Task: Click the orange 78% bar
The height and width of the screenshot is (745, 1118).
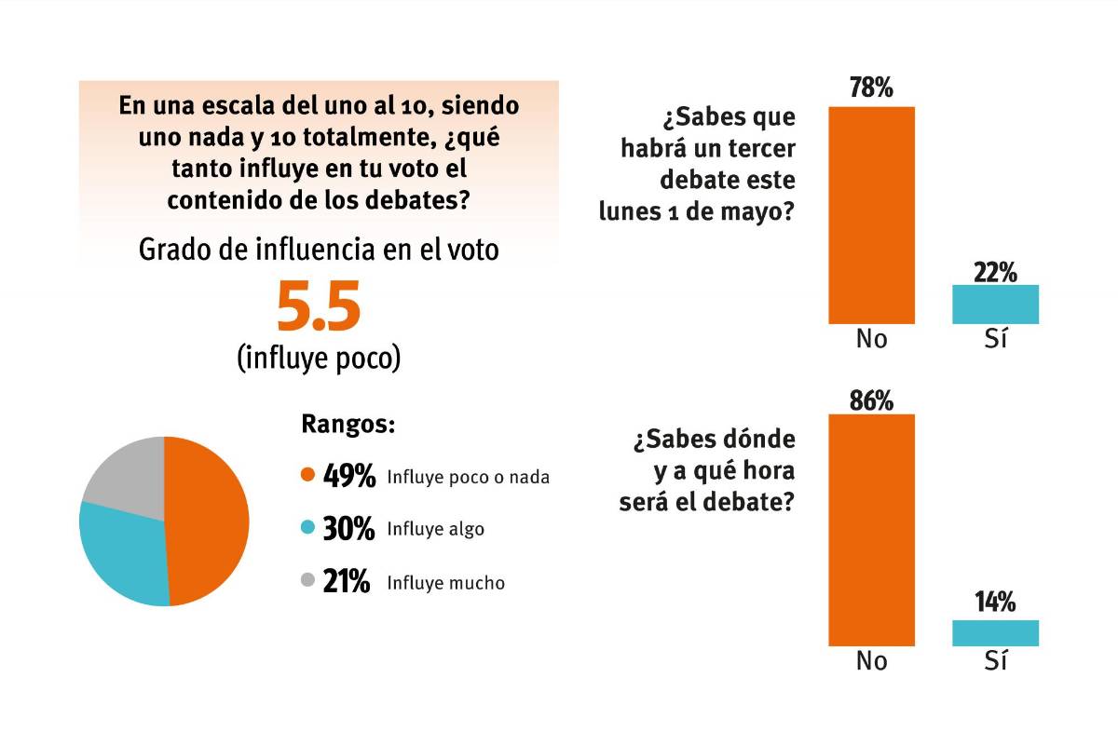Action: coord(872,214)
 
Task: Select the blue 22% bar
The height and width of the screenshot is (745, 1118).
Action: coord(995,305)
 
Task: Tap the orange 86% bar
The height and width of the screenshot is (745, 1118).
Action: coord(872,529)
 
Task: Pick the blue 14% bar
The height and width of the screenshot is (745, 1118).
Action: coord(995,632)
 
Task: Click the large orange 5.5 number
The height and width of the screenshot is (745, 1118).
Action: coord(319,310)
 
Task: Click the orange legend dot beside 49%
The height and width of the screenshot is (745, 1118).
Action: coord(307,477)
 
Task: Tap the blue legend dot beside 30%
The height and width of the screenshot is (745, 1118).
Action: coord(307,529)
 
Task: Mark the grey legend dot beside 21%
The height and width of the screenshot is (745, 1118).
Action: coord(307,582)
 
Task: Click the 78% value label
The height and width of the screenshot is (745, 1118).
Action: coord(872,88)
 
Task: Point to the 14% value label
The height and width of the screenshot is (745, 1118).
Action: coord(995,603)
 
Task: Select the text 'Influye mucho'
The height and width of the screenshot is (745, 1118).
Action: coord(446,583)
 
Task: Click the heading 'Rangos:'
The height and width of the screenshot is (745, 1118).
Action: coord(348,425)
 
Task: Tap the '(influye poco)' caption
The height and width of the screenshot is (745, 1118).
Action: coord(319,358)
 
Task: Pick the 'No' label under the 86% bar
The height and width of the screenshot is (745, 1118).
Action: coord(872,661)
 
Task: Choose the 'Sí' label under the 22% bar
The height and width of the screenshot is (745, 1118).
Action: coord(995,339)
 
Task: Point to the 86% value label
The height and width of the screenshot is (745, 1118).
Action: coord(872,400)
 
